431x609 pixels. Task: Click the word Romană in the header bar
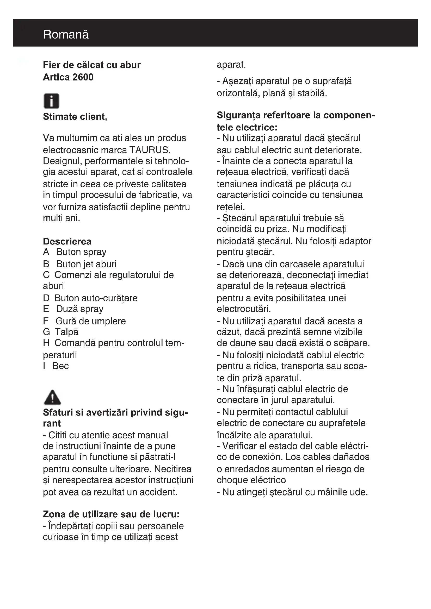66,35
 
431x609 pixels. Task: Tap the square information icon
51,101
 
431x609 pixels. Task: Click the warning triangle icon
52,397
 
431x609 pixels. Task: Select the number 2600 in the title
83,77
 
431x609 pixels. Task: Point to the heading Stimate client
75,117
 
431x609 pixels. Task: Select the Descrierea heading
67,241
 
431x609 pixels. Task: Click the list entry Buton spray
81,252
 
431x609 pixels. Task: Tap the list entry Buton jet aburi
86,264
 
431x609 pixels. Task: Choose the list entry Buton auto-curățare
96,298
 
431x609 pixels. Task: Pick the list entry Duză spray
80,309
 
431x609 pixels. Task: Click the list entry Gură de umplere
90,321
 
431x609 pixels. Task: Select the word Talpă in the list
67,332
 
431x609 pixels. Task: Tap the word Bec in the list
60,366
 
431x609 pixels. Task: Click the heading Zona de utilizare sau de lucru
111,514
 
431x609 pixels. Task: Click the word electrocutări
244,309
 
